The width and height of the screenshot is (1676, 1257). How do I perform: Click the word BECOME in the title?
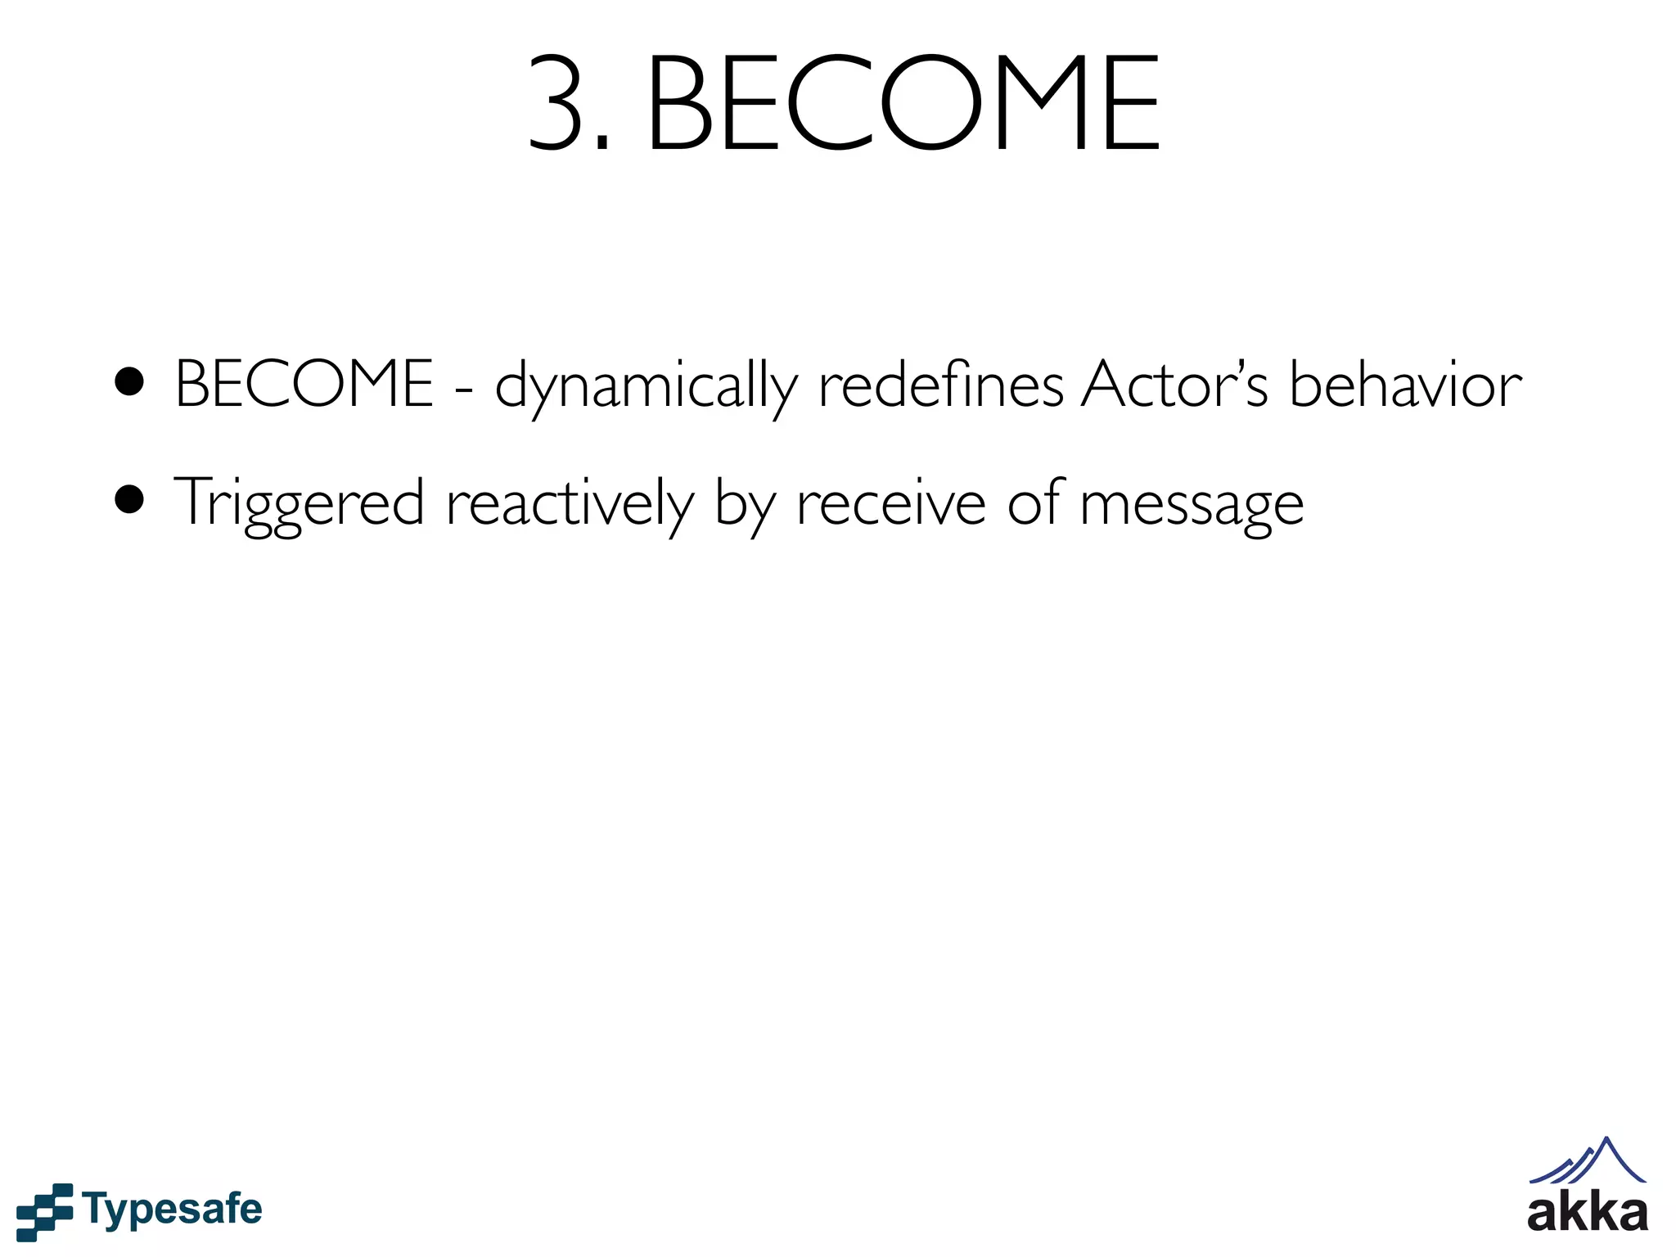[x=903, y=105]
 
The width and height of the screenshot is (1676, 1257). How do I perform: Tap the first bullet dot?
[x=129, y=381]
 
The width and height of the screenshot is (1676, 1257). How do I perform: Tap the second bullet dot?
[x=129, y=499]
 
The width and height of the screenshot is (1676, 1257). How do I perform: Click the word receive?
[x=891, y=502]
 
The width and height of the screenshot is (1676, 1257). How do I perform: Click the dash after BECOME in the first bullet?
[x=464, y=388]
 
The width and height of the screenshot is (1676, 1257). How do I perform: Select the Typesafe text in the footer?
[x=173, y=1210]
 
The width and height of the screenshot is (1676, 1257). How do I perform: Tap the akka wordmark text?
[x=1587, y=1213]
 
